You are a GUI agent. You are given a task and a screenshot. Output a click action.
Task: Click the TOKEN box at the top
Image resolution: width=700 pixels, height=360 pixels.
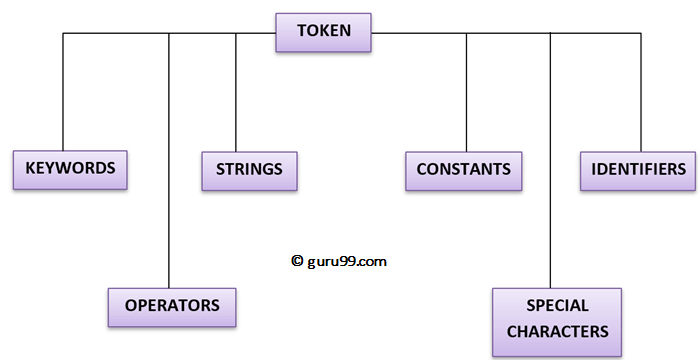pos(324,31)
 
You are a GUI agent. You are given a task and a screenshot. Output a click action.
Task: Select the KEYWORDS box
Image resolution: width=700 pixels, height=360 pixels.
pos(71,169)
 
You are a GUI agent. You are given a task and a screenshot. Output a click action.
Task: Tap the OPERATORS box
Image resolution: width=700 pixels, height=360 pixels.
pos(173,305)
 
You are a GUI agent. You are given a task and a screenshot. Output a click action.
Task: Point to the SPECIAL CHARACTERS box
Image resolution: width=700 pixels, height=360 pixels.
pos(557,319)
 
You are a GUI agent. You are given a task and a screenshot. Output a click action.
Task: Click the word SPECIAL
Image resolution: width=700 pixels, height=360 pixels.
pos(557,306)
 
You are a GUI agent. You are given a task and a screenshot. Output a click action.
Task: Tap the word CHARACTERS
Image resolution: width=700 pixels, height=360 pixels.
pos(557,331)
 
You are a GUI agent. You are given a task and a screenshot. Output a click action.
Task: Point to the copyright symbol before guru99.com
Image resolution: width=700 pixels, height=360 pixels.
pos(297,260)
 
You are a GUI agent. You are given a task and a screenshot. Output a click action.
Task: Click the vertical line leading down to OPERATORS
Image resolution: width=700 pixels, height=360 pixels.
pos(169,160)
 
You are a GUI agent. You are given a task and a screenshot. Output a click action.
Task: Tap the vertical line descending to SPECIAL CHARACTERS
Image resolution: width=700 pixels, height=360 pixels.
pos(551,160)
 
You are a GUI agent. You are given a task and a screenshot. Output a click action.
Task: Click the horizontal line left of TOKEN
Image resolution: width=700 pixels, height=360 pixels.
pos(170,34)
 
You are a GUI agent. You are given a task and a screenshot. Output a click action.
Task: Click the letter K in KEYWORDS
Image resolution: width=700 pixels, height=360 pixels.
pos(30,169)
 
